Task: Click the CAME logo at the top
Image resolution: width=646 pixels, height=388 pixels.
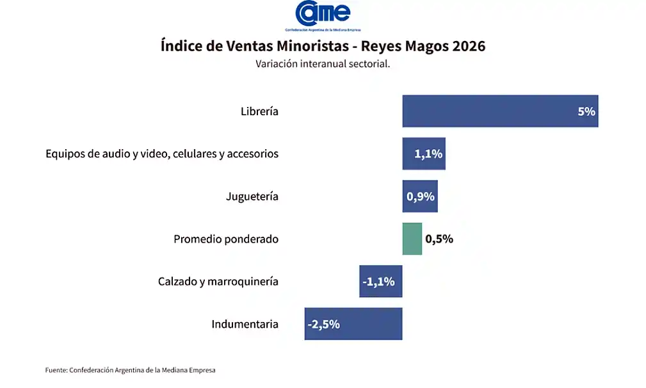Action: click(x=323, y=14)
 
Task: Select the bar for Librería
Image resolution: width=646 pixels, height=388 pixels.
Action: click(x=487, y=111)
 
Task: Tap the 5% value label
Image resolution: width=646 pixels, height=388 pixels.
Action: click(x=586, y=111)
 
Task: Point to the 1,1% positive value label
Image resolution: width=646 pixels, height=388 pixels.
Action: click(x=428, y=154)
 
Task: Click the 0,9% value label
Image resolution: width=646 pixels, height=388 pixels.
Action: click(x=421, y=197)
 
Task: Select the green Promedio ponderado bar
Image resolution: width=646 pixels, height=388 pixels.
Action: click(x=412, y=239)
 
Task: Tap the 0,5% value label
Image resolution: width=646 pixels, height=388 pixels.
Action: click(x=439, y=239)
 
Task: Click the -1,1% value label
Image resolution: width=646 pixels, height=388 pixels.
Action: click(x=378, y=281)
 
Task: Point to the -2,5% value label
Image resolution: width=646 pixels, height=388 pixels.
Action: click(x=323, y=324)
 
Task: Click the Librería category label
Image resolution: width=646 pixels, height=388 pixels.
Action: click(x=259, y=111)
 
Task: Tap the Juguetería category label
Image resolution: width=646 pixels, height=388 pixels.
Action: click(x=252, y=197)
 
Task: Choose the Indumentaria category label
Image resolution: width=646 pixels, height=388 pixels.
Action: click(x=245, y=324)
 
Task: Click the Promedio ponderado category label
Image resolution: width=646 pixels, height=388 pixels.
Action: click(x=226, y=239)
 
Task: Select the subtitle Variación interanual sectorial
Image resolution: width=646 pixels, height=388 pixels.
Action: click(x=323, y=64)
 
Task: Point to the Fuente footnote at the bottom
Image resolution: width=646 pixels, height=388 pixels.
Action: click(x=131, y=370)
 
